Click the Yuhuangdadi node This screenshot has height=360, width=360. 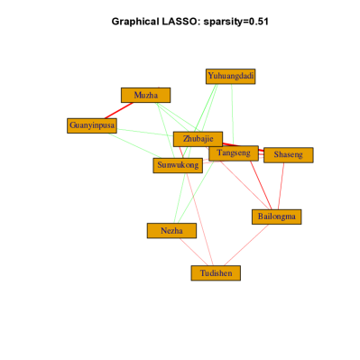tap(231, 77)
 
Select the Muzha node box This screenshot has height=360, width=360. tap(145, 95)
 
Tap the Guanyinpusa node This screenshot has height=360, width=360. tap(92, 125)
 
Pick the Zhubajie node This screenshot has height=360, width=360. tap(198, 139)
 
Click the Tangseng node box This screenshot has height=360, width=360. tap(234, 153)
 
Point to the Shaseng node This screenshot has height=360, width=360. tap(288, 155)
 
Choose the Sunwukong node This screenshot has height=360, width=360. tap(178, 165)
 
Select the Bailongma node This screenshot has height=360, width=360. tap(276, 217)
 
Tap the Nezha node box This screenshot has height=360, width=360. tap(171, 231)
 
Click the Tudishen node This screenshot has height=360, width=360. tap(216, 272)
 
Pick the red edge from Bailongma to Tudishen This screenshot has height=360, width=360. tap(246, 245)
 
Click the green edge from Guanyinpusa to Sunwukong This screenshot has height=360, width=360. tap(134, 145)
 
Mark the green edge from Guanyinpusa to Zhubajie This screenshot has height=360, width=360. tap(144, 132)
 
